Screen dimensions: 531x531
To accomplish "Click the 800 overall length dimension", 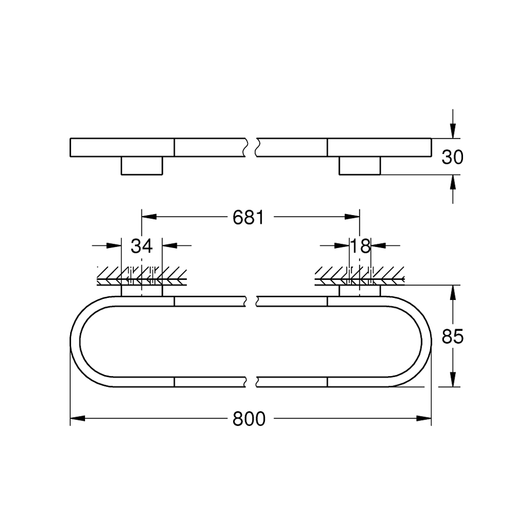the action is pyautogui.click(x=249, y=419).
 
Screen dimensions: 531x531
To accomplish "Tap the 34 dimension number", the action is pyautogui.click(x=142, y=246).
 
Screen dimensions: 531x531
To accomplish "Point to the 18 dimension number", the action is pyautogui.click(x=361, y=246).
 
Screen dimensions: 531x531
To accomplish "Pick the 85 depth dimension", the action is pyautogui.click(x=452, y=337).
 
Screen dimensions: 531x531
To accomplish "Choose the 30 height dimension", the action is pyautogui.click(x=452, y=157).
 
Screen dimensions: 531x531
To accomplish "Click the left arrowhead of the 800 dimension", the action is pyautogui.click(x=78, y=418).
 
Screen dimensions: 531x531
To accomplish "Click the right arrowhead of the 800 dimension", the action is pyautogui.click(x=424, y=418).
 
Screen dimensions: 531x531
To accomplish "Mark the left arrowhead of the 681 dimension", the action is pyautogui.click(x=149, y=217).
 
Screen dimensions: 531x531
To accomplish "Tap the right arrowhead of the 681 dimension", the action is pyautogui.click(x=352, y=217).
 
